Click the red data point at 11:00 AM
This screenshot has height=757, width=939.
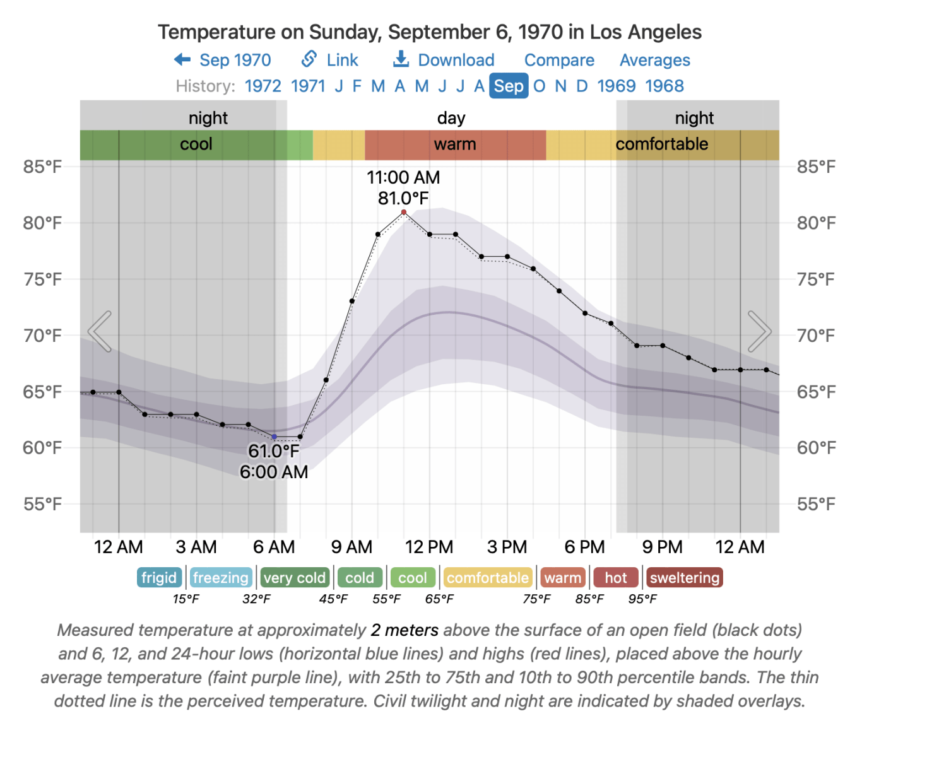tap(404, 212)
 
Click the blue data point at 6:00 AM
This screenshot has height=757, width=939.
tap(274, 437)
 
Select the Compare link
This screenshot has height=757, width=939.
tap(559, 60)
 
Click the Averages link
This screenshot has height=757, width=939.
tap(654, 60)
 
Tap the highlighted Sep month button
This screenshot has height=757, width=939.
tap(509, 86)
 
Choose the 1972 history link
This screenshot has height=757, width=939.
tap(263, 86)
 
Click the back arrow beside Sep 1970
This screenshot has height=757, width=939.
tap(182, 60)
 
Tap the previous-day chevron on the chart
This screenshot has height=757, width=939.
tap(100, 331)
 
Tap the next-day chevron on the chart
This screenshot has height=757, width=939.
tap(759, 331)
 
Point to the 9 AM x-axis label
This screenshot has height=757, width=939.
tap(351, 547)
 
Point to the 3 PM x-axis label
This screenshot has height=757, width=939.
tap(507, 547)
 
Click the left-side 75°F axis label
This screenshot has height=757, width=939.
tap(42, 279)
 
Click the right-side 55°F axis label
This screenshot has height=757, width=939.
tap(816, 504)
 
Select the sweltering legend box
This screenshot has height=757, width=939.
tap(685, 578)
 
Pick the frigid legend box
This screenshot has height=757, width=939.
tap(159, 578)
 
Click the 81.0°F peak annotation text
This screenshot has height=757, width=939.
tap(403, 198)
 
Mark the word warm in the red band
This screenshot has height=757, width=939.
tap(455, 144)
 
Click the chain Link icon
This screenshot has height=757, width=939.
tap(309, 59)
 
